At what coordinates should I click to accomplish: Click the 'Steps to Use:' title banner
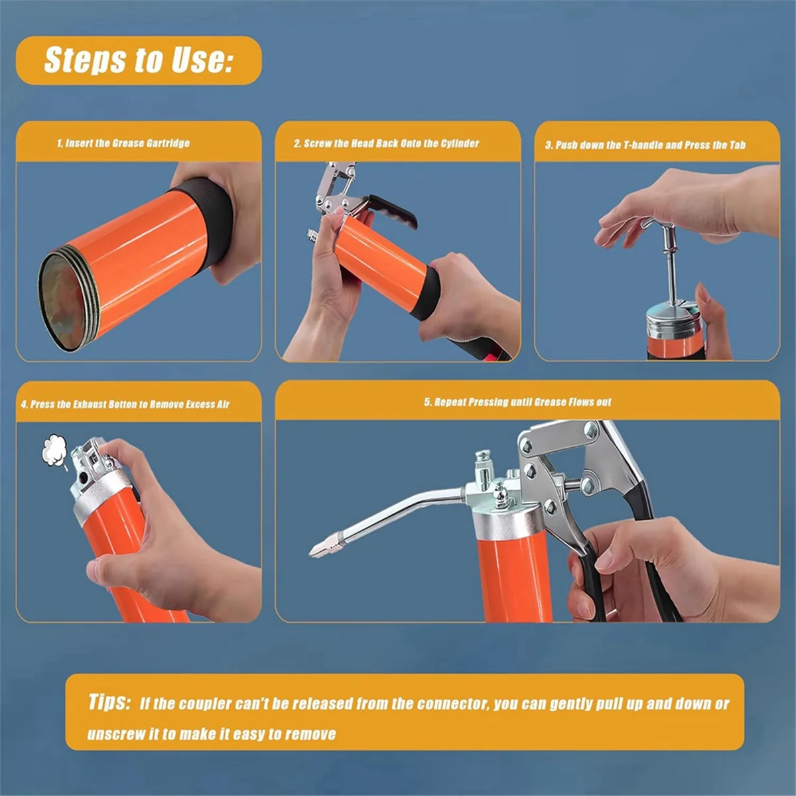point(139,60)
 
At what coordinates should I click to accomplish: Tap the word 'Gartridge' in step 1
point(169,143)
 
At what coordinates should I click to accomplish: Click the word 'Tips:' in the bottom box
point(109,702)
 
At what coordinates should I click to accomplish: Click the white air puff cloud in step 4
point(54,450)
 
